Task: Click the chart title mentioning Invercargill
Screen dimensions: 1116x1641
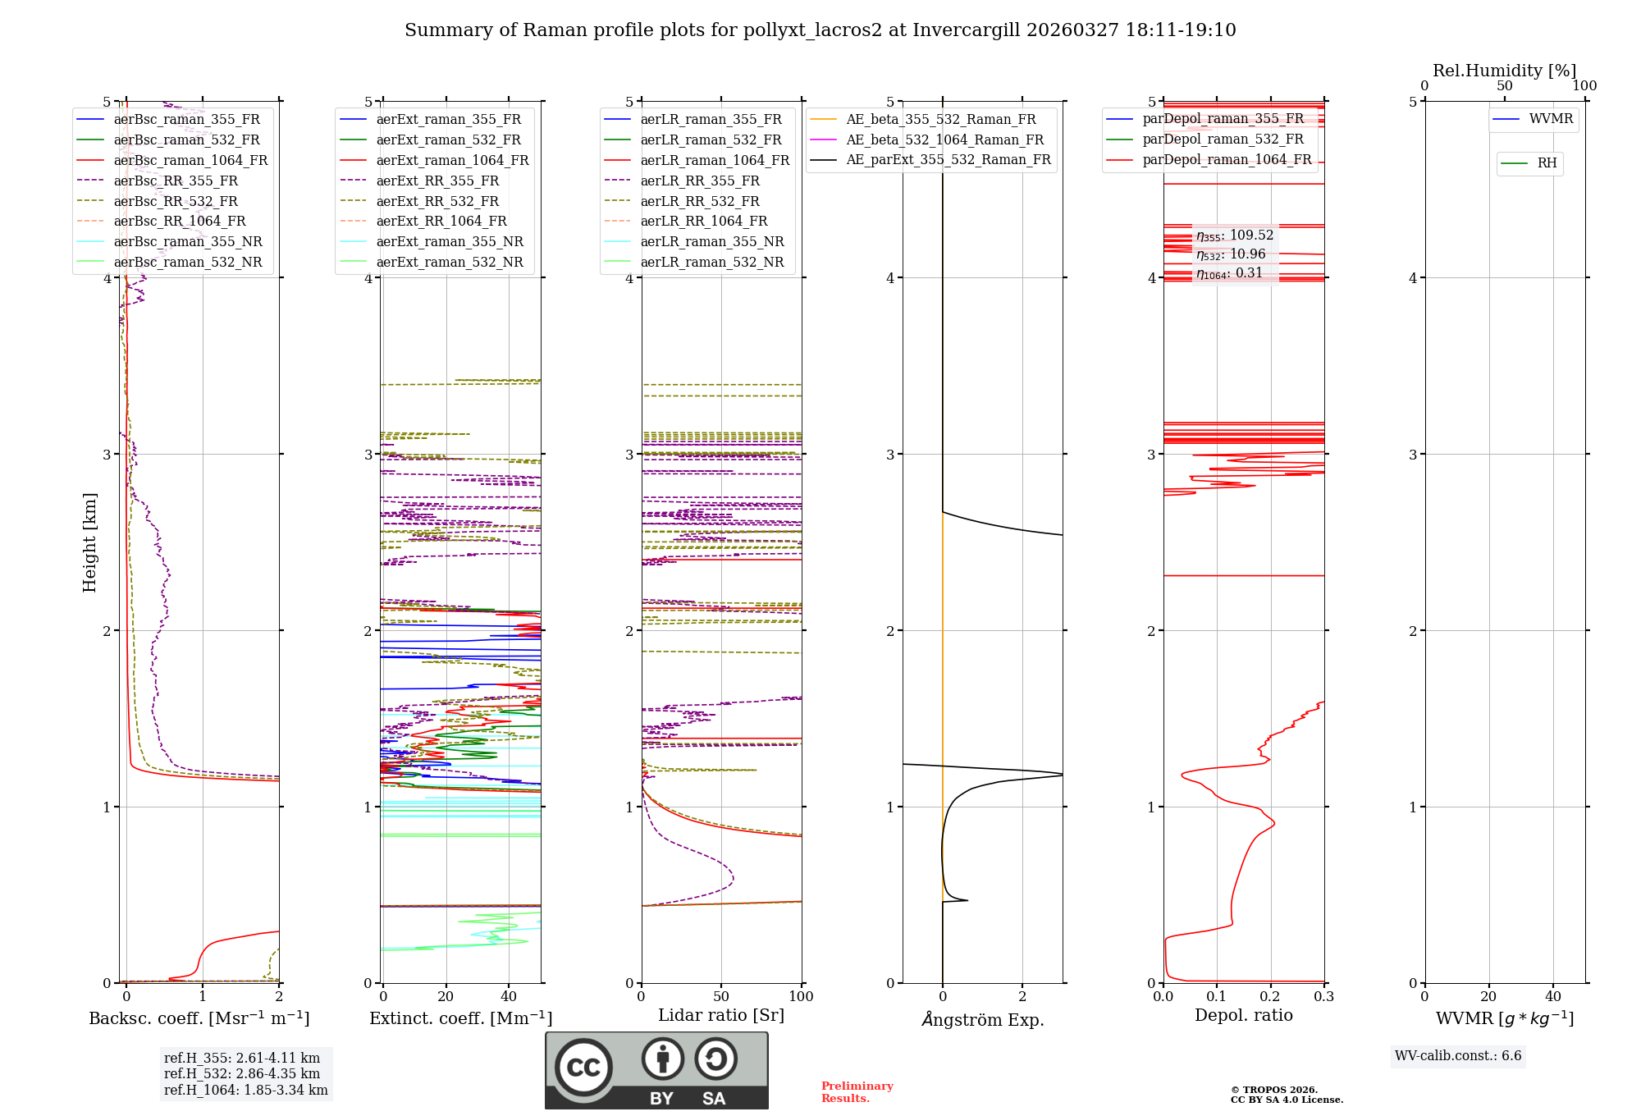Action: click(820, 30)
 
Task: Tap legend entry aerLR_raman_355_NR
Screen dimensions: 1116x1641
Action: click(711, 241)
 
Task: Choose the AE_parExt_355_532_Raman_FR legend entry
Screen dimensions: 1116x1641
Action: click(948, 159)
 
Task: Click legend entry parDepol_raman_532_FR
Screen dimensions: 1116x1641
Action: click(1223, 139)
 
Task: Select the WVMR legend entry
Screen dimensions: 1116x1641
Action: click(1551, 119)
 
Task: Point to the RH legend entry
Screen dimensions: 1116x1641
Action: click(1547, 163)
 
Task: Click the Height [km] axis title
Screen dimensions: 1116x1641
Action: click(89, 542)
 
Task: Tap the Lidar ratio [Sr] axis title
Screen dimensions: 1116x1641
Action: click(721, 1015)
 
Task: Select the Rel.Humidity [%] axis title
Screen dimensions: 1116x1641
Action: click(1504, 71)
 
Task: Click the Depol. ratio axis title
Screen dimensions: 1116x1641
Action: click(1243, 1015)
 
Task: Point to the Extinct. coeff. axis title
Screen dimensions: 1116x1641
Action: click(460, 1018)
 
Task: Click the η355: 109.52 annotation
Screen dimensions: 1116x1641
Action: click(1235, 236)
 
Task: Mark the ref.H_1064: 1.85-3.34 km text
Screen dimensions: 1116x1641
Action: click(245, 1090)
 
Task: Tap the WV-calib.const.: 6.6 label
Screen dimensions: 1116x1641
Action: click(1458, 1055)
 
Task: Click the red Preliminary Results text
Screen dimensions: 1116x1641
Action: click(857, 1091)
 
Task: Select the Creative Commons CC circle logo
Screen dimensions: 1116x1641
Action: click(583, 1067)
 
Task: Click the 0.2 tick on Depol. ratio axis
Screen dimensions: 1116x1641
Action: click(1270, 996)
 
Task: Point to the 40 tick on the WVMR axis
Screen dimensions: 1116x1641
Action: click(1553, 996)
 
